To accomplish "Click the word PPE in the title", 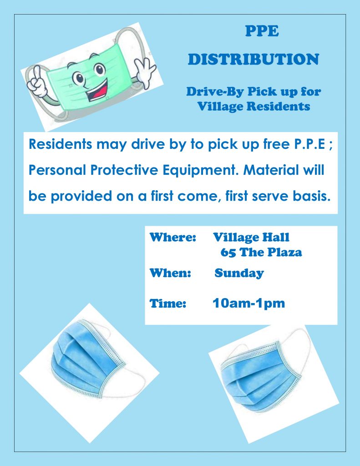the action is point(262,31).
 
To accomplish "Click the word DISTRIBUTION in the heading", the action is point(254,59).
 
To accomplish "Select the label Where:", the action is point(172,237).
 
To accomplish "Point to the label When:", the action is point(170,273).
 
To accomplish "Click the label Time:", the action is point(168,304).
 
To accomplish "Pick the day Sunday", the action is point(239,274).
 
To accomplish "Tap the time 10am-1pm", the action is point(248,304).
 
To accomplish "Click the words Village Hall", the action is point(251,238).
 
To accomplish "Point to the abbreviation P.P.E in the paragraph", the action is point(309,144).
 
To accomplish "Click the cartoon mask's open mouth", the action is point(97,91).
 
